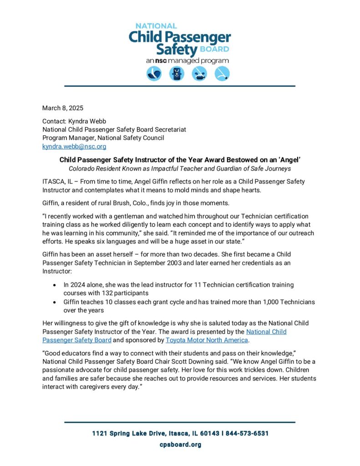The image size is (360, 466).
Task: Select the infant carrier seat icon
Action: tap(154, 74)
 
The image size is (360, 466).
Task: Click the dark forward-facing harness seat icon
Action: tap(177, 74)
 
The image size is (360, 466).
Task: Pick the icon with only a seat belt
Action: tap(222, 74)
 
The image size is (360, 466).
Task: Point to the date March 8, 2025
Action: tap(63, 108)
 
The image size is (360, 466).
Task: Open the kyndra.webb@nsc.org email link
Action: tap(74, 147)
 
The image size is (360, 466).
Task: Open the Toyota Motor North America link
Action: tap(207, 340)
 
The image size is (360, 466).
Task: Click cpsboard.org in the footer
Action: tap(180, 445)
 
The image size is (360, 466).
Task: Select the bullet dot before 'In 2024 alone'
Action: tap(55, 285)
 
